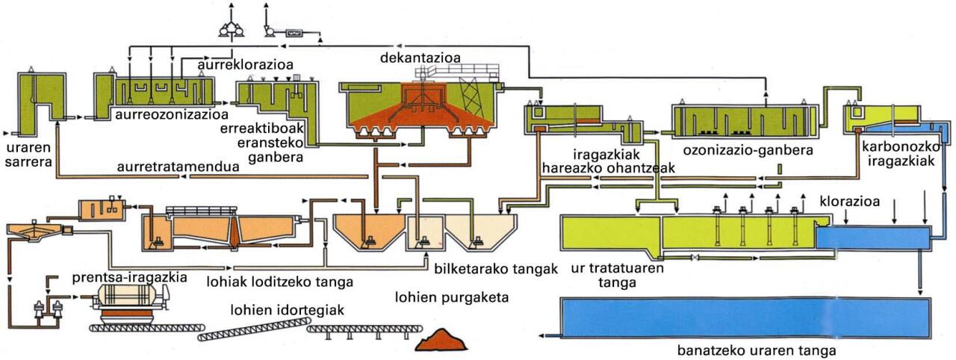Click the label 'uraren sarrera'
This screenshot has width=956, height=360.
tap(25, 149)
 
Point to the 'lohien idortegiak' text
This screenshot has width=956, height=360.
tap(287, 310)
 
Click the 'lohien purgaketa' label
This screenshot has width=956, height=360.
tap(451, 298)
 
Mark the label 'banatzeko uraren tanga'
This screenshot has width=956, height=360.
tap(756, 350)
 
